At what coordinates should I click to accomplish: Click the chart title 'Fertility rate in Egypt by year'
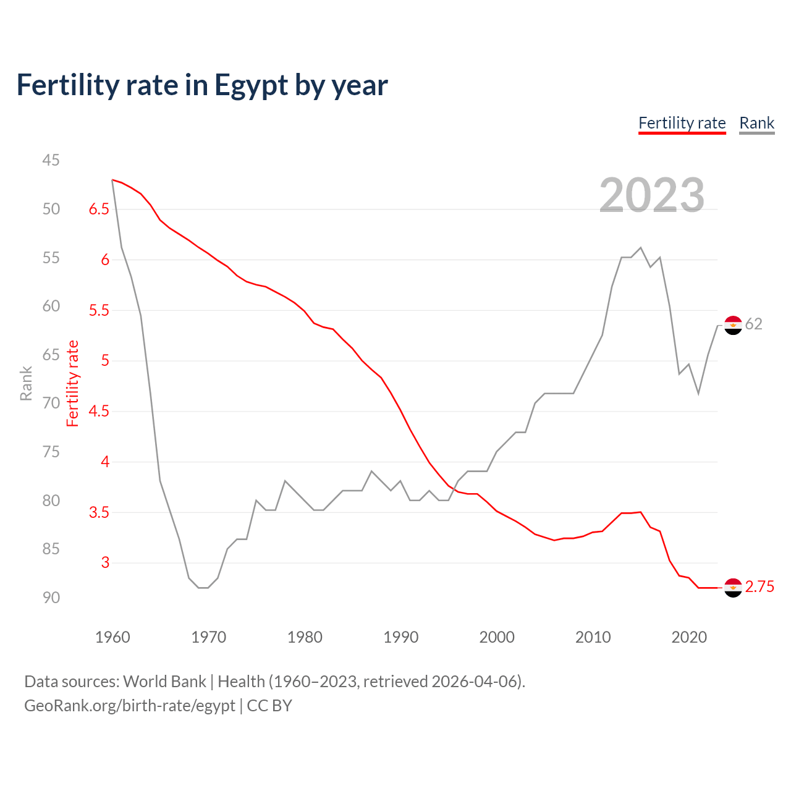[x=202, y=85]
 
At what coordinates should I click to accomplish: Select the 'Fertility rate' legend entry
[x=682, y=123]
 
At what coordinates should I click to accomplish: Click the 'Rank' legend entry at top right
[x=756, y=123]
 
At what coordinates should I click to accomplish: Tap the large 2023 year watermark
[x=652, y=195]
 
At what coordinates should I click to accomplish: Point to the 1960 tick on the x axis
[x=112, y=637]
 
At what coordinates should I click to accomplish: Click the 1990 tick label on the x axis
[x=400, y=637]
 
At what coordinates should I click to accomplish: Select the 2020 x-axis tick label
[x=688, y=637]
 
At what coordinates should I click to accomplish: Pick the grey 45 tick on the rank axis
[x=51, y=160]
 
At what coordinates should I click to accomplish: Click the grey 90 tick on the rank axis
[x=51, y=598]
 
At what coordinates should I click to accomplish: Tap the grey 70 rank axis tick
[x=51, y=403]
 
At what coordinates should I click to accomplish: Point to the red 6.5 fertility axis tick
[x=99, y=209]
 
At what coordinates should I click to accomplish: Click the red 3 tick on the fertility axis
[x=105, y=562]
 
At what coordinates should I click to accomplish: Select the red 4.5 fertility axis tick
[x=99, y=411]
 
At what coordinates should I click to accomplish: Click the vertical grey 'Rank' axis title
[x=26, y=383]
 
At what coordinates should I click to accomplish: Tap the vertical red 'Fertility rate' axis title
[x=73, y=383]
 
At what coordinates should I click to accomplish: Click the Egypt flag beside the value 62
[x=733, y=325]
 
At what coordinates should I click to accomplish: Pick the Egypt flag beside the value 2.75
[x=733, y=588]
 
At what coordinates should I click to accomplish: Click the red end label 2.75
[x=759, y=587]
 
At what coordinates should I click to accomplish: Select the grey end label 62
[x=753, y=324]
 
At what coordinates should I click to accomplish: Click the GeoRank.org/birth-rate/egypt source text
[x=130, y=706]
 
